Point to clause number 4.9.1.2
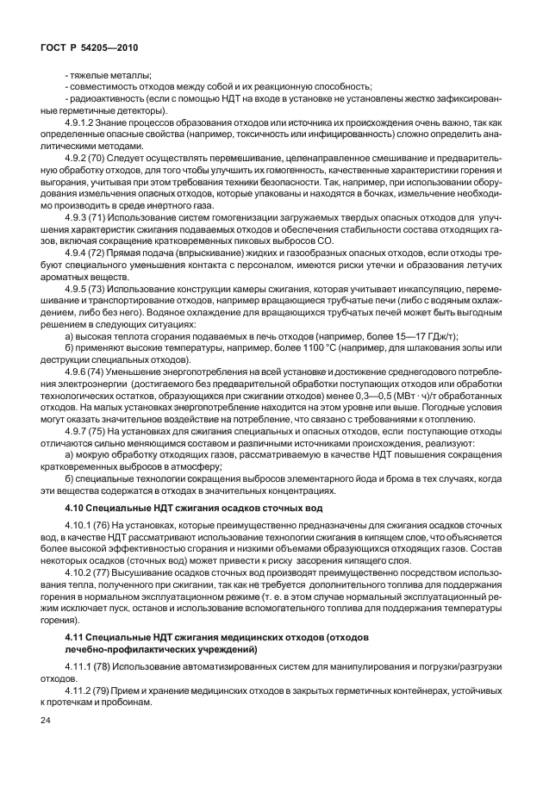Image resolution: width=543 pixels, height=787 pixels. coord(81,124)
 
